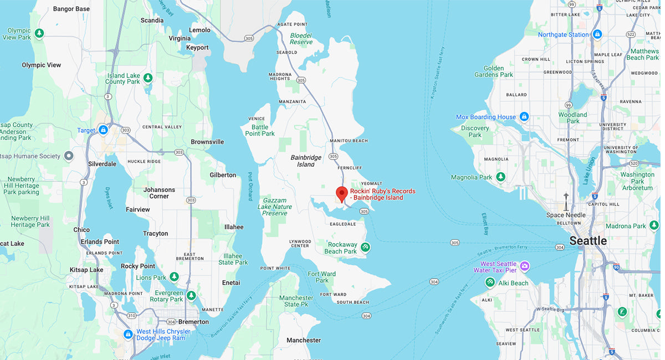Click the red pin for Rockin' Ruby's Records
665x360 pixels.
coord(342,194)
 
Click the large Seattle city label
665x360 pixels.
coord(588,241)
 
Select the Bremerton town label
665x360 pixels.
coord(193,322)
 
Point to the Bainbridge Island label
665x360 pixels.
coord(306,161)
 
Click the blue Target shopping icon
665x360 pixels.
coord(103,130)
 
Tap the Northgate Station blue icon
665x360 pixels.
coord(597,34)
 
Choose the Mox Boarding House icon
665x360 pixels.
coord(524,117)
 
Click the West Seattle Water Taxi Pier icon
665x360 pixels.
coord(524,266)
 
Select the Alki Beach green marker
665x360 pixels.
coord(490,283)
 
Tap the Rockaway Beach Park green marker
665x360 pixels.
coord(365,247)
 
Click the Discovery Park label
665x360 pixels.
coord(475,131)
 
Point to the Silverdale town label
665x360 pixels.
coord(102,164)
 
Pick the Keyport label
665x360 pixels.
coord(197,48)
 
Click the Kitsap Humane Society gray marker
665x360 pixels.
coord(69,156)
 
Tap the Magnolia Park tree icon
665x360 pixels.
coord(500,177)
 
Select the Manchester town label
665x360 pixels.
coord(304,340)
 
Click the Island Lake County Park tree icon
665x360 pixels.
coord(147,78)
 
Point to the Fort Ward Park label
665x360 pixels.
coord(322,277)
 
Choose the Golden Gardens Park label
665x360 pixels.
coord(499,71)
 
